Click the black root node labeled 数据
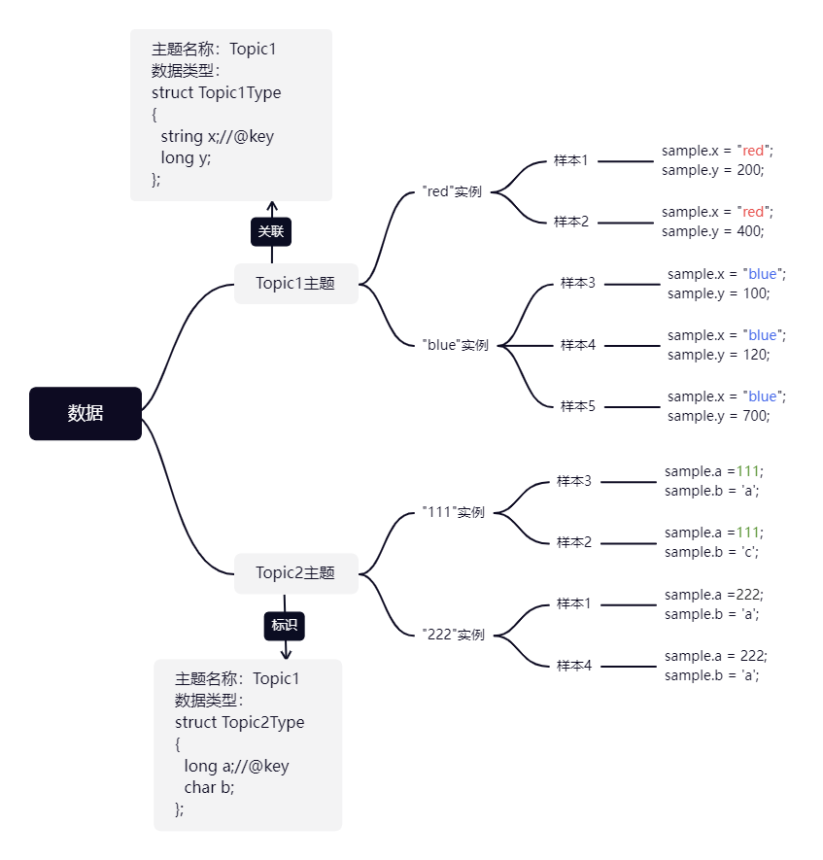(86, 413)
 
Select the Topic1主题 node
(295, 284)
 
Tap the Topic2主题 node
(295, 573)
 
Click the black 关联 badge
(271, 231)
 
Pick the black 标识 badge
(285, 625)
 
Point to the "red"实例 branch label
(453, 191)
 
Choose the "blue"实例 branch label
(456, 345)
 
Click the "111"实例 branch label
(454, 512)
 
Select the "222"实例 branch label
(454, 635)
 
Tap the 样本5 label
(578, 406)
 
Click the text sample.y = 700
(718, 416)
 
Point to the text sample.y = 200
(713, 170)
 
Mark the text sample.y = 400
(713, 231)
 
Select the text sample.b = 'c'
(711, 552)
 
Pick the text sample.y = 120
(718, 355)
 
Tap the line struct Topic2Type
(240, 723)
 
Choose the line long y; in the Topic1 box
(186, 157)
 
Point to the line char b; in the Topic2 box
(209, 787)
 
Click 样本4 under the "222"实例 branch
(574, 666)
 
